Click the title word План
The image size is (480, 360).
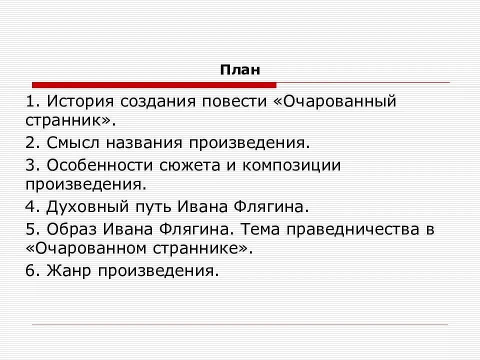point(240,69)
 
